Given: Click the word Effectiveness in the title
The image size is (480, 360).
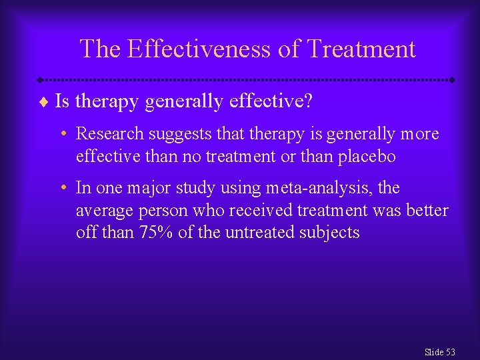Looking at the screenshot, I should point(209,49).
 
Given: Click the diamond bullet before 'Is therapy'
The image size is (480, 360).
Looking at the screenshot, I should point(44,101).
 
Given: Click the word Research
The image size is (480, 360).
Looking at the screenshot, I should point(110,134).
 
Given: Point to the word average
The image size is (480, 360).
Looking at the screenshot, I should point(103,211).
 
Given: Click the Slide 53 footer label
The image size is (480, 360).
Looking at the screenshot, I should point(439,351).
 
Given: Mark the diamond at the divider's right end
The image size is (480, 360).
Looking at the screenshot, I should point(453,79).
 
